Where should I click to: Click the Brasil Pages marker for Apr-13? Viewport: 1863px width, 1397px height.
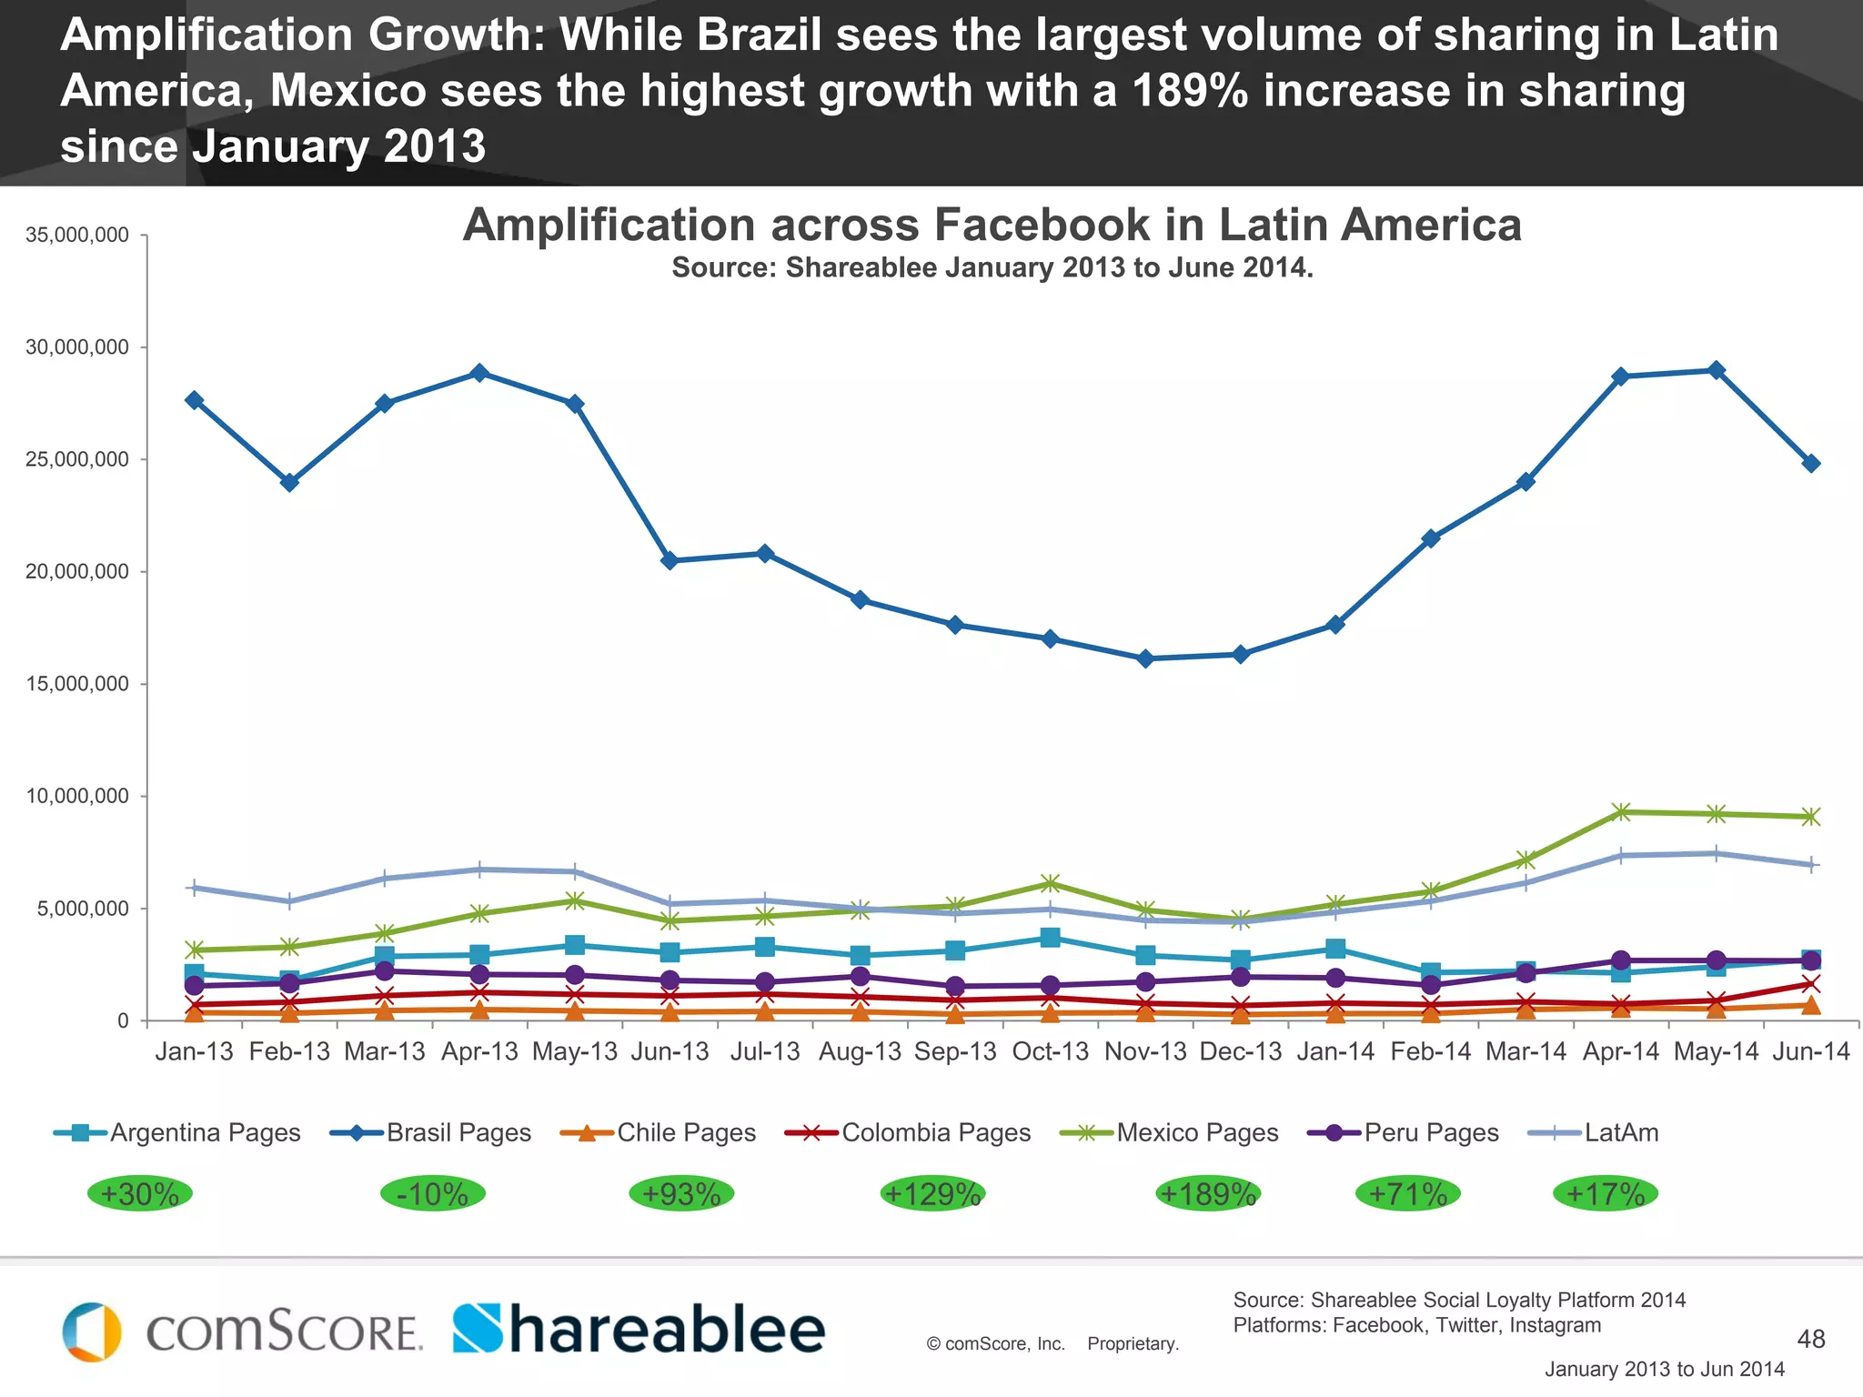coord(479,373)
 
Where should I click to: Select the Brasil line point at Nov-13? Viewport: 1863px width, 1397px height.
coord(1145,658)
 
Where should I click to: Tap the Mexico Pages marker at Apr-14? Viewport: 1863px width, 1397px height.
coord(1620,812)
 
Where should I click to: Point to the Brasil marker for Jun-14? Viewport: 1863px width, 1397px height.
coord(1810,463)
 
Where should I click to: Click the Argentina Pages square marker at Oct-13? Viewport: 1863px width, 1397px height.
coord(1050,938)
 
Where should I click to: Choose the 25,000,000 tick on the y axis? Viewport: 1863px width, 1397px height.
coord(77,459)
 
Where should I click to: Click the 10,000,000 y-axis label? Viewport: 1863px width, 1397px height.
coord(77,796)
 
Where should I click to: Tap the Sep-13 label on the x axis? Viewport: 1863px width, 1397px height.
coord(955,1051)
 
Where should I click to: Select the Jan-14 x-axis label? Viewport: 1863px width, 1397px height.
coord(1335,1051)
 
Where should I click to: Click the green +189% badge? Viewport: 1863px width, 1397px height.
coord(1208,1193)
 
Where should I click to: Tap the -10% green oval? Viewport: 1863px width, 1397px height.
coord(432,1193)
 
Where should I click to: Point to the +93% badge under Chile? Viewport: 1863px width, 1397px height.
coord(681,1193)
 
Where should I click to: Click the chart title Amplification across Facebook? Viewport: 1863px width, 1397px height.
coord(992,225)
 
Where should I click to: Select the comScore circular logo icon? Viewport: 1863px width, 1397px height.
coord(92,1332)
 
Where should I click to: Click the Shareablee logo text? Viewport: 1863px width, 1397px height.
coord(639,1330)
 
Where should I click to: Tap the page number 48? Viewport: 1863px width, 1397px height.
coord(1810,1339)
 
